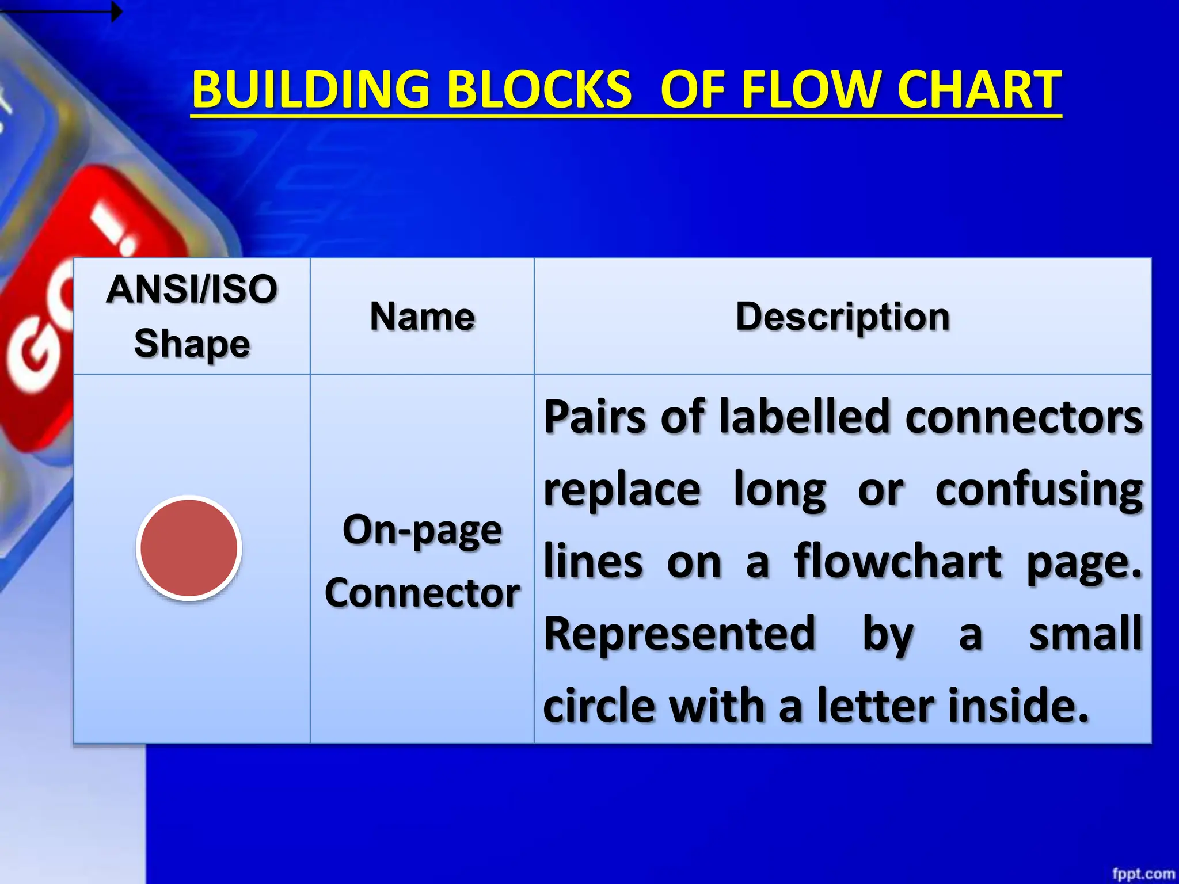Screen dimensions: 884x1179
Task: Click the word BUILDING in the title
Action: click(x=310, y=90)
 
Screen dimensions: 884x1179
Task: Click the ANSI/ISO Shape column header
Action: click(x=192, y=316)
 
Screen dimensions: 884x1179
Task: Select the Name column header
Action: click(x=422, y=317)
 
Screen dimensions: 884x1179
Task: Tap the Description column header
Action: click(x=842, y=317)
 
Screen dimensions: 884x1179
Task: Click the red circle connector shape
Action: click(x=189, y=547)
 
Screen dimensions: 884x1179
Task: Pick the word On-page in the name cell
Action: click(x=422, y=530)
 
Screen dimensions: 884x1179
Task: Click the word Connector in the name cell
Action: click(x=422, y=593)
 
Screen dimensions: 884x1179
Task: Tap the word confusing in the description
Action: click(x=1039, y=490)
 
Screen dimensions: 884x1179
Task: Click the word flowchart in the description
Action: click(x=897, y=562)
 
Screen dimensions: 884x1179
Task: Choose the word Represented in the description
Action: click(x=680, y=634)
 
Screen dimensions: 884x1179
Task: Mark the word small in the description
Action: click(x=1085, y=634)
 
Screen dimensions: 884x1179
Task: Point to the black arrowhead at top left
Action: click(x=116, y=12)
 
